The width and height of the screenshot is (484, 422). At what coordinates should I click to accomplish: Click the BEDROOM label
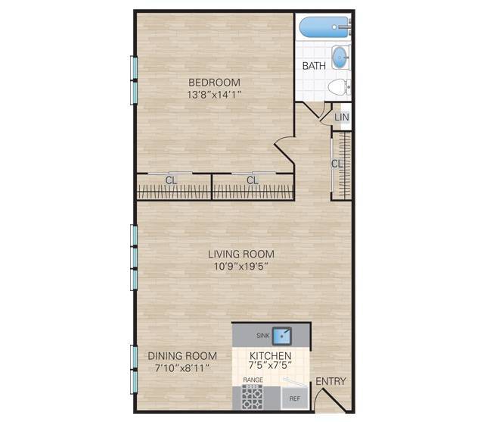tap(214, 82)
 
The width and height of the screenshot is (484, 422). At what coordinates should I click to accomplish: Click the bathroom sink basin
tap(342, 57)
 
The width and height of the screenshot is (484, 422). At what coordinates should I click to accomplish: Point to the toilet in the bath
tap(341, 86)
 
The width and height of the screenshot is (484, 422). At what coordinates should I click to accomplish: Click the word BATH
tap(314, 66)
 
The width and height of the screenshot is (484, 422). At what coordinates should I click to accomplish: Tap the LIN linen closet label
tap(342, 117)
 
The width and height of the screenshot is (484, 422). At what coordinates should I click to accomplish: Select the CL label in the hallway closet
tap(337, 164)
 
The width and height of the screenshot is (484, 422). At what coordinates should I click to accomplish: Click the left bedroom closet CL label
tap(172, 180)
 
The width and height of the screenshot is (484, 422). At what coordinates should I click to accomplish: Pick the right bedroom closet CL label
tap(253, 180)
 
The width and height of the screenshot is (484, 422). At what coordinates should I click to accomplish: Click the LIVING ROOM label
tap(241, 254)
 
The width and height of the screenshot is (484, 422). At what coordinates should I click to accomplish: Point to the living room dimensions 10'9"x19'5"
tap(241, 267)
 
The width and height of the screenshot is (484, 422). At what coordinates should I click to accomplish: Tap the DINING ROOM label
tap(181, 356)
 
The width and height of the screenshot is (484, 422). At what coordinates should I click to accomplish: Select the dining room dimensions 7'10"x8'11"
tap(181, 368)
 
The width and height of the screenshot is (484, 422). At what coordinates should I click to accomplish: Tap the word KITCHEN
tap(271, 356)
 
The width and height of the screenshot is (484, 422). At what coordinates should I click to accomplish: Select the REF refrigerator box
tap(294, 396)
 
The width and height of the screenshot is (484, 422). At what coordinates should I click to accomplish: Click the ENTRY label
tap(330, 382)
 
